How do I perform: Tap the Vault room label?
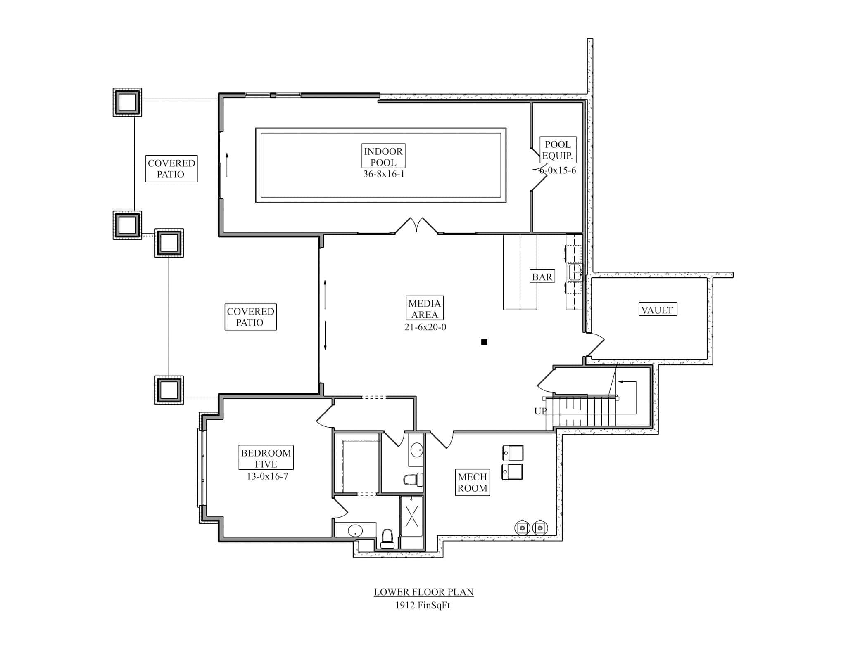click(657, 310)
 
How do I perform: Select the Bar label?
click(542, 277)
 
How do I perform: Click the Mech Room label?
click(472, 482)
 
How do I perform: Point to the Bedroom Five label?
click(266, 458)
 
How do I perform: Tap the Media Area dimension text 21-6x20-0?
click(425, 327)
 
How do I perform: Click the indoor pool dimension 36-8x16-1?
click(383, 174)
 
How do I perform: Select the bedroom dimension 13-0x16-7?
click(267, 476)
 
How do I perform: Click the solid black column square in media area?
click(484, 342)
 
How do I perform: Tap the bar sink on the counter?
click(575, 272)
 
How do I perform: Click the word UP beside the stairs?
click(540, 411)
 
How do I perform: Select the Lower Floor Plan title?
click(423, 592)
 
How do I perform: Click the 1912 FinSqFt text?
click(422, 606)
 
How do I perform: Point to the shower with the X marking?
click(411, 516)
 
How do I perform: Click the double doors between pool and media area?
click(416, 226)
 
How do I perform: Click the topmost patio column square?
click(127, 102)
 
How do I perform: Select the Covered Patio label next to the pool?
click(171, 168)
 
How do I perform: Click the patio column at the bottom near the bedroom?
click(169, 390)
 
